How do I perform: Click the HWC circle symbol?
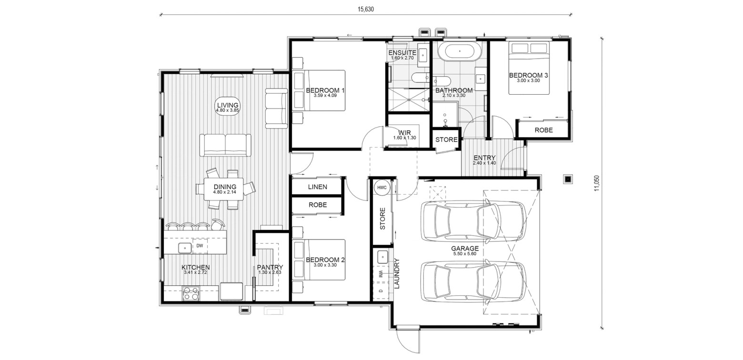(x=382, y=188)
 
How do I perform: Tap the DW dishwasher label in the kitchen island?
(x=200, y=246)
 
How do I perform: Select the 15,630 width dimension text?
(x=365, y=9)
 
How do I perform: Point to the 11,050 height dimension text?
(x=597, y=183)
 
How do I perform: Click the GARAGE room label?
(x=465, y=248)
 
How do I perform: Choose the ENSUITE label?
(x=402, y=53)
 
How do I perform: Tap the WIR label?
(x=405, y=132)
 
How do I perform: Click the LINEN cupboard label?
(x=317, y=187)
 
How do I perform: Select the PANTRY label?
(x=270, y=267)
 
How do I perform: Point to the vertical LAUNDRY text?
(x=397, y=273)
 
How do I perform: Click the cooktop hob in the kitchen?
(x=191, y=293)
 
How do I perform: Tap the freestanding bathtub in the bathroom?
(x=460, y=51)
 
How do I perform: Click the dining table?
(x=224, y=189)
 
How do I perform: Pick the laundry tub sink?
(x=383, y=257)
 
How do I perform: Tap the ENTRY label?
(x=484, y=158)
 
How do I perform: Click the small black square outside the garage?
(x=568, y=180)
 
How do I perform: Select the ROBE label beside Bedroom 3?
(x=543, y=130)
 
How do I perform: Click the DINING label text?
(x=225, y=187)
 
